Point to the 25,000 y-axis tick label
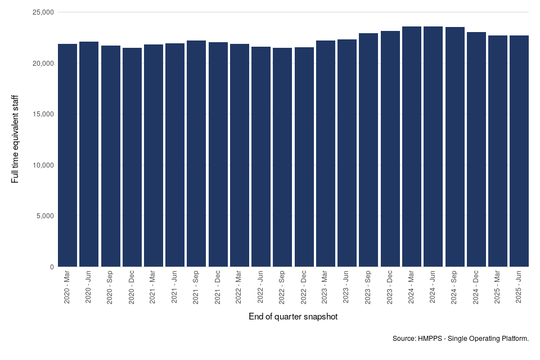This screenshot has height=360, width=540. point(40,12)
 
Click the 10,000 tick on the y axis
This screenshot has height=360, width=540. point(40,165)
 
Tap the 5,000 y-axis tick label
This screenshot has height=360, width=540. point(42,216)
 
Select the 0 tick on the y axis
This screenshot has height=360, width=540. point(51,267)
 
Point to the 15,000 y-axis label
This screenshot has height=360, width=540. point(40,114)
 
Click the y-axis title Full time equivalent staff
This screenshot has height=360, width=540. point(15,139)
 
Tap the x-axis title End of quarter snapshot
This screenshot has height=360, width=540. point(293,317)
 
